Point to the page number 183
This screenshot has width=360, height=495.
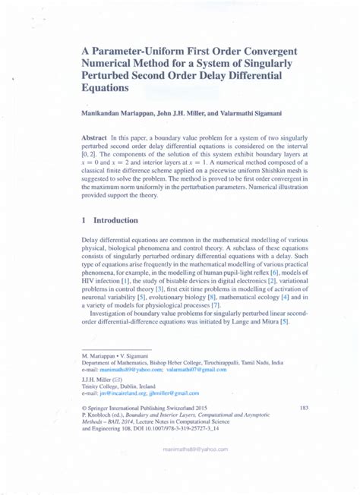click(x=305, y=408)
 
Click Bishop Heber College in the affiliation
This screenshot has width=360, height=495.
click(x=191, y=362)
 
